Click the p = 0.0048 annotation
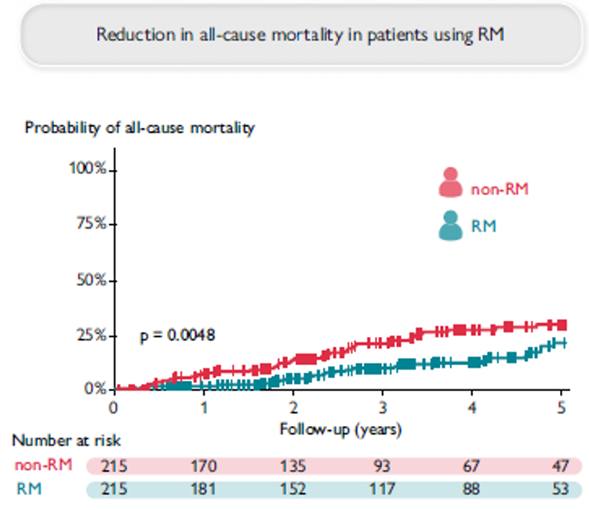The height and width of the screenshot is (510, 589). (x=177, y=335)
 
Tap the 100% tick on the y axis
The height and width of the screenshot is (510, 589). (x=90, y=169)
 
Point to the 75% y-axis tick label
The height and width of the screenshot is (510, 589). (x=93, y=224)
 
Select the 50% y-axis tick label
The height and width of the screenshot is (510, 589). (x=93, y=280)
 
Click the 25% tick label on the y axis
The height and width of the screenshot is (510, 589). (x=93, y=335)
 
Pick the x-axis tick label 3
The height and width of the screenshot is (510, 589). (x=382, y=407)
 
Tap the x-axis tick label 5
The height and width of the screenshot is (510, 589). (x=561, y=407)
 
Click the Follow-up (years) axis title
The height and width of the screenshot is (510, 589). (x=340, y=429)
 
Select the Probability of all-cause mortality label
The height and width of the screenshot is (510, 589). (x=140, y=128)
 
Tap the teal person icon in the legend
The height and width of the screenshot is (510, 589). (x=450, y=226)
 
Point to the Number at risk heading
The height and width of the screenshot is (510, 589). (x=67, y=443)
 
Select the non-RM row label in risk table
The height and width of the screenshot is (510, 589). (x=43, y=465)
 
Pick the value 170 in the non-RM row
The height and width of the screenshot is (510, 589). (x=203, y=465)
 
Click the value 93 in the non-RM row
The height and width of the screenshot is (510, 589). (x=382, y=465)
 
